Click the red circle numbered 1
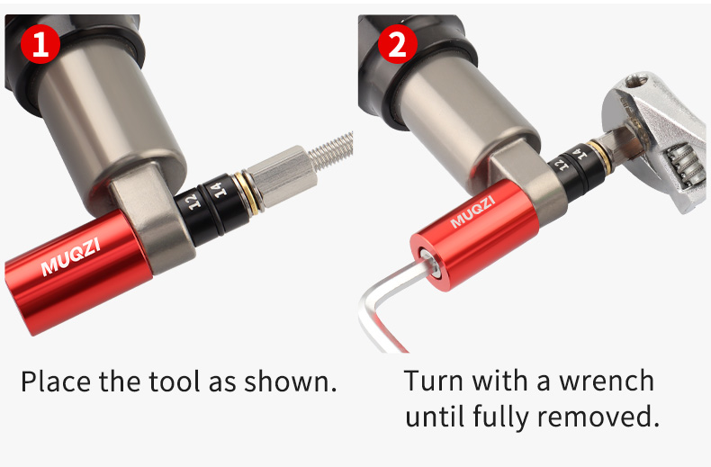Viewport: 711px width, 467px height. point(40,43)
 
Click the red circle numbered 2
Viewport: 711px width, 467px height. point(397,43)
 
